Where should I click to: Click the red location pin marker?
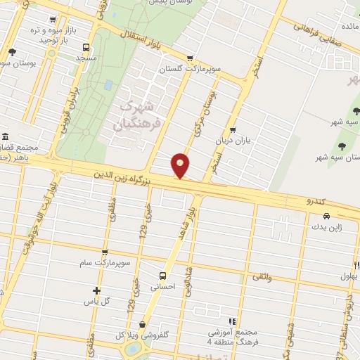181,165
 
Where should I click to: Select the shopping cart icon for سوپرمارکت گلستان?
189,58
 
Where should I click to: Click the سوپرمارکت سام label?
105,263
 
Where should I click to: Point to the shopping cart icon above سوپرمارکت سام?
105,253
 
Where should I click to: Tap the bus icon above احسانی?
163,276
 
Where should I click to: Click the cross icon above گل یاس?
96,290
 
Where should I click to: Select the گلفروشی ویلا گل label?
140,335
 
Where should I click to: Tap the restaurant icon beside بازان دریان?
233,130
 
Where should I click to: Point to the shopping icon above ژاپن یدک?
316,217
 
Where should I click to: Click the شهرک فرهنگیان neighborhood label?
138,115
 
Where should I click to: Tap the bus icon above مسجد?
86,48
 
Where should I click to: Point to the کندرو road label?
316,202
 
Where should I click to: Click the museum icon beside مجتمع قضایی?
5,136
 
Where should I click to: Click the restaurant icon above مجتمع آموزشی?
233,322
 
